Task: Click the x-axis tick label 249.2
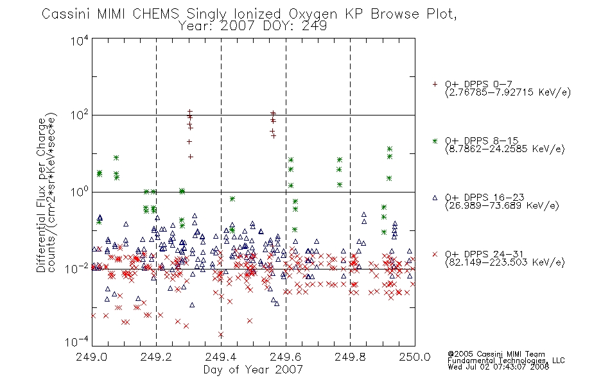point(157,357)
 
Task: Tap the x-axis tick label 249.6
point(286,357)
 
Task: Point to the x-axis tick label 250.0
point(415,357)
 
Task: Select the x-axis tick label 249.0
point(92,357)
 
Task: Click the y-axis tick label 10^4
point(80,40)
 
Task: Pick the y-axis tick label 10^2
point(80,115)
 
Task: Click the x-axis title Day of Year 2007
point(253,370)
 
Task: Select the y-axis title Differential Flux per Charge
point(41,196)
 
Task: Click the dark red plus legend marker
point(435,84)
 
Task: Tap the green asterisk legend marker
point(435,141)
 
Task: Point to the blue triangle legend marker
point(435,198)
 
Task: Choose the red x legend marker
point(435,254)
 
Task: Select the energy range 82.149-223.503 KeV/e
point(505,262)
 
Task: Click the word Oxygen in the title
point(313,14)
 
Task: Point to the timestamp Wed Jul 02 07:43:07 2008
point(498,366)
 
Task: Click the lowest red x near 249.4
point(221,334)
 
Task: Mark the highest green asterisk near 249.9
point(389,149)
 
